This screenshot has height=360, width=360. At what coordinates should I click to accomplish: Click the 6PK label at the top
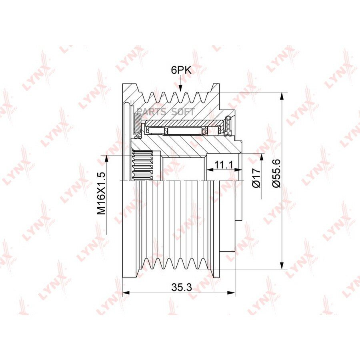(181, 70)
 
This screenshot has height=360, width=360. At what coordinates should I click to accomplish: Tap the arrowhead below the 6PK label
(180, 88)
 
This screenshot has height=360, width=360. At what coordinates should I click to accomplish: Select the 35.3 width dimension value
(181, 287)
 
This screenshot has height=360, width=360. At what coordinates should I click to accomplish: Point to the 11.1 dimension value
(223, 164)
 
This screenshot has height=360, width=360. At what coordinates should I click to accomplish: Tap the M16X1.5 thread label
(101, 193)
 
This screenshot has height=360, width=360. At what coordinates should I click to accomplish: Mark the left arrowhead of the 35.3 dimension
(126, 293)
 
